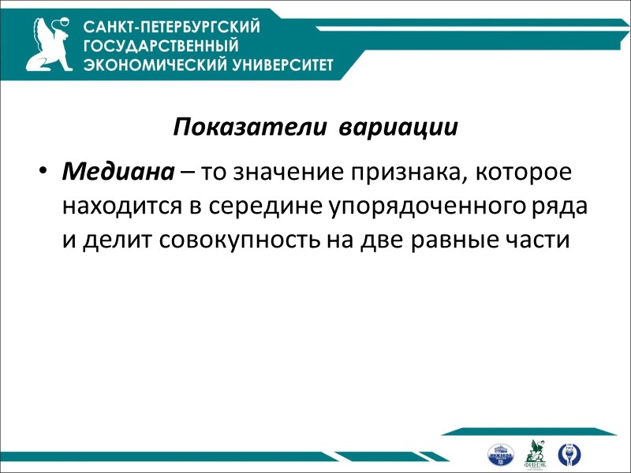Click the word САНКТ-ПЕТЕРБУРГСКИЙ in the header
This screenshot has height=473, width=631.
click(172, 27)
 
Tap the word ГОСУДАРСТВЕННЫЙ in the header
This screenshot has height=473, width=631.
click(161, 46)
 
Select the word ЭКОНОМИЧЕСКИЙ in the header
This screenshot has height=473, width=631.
click(148, 65)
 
